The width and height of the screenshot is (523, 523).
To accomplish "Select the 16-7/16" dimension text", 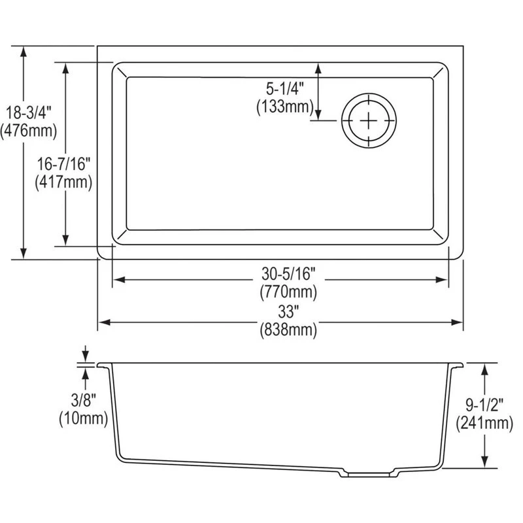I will click(x=63, y=162).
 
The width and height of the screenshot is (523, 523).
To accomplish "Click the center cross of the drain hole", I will click(x=370, y=121).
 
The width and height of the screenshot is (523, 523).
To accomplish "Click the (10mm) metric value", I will click(x=83, y=418).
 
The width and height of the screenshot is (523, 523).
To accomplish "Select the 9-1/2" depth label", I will click(x=484, y=405).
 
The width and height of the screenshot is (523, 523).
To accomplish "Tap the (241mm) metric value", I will click(x=484, y=424).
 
